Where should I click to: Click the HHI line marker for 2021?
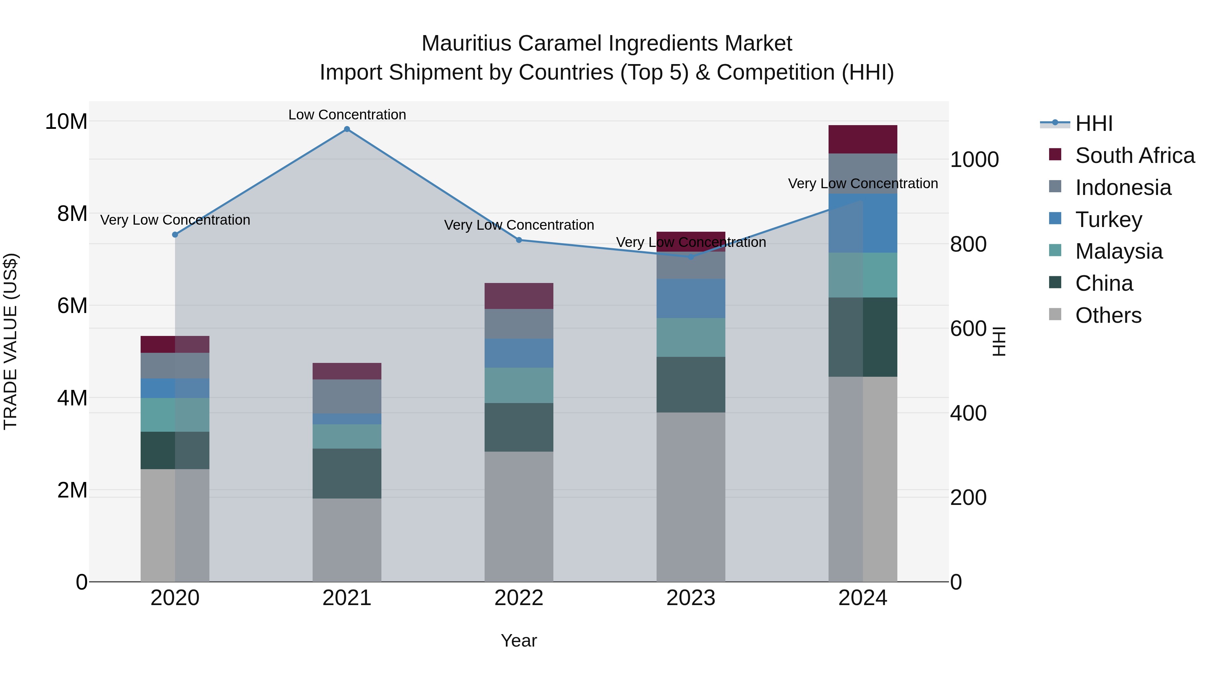click(347, 129)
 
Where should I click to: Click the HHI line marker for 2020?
click(175, 234)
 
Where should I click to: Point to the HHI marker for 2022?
click(519, 240)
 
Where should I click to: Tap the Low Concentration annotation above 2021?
click(347, 115)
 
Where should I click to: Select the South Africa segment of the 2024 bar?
click(862, 140)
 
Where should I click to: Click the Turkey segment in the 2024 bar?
click(862, 223)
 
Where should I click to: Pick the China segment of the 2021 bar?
click(347, 473)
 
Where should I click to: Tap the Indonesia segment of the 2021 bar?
click(347, 396)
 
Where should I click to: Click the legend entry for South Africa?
click(1135, 155)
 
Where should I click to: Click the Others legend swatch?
click(1055, 314)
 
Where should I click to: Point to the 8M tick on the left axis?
click(71, 214)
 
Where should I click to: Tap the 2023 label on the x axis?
click(691, 598)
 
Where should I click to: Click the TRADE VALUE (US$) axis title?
click(10, 341)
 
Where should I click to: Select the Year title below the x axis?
click(519, 641)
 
